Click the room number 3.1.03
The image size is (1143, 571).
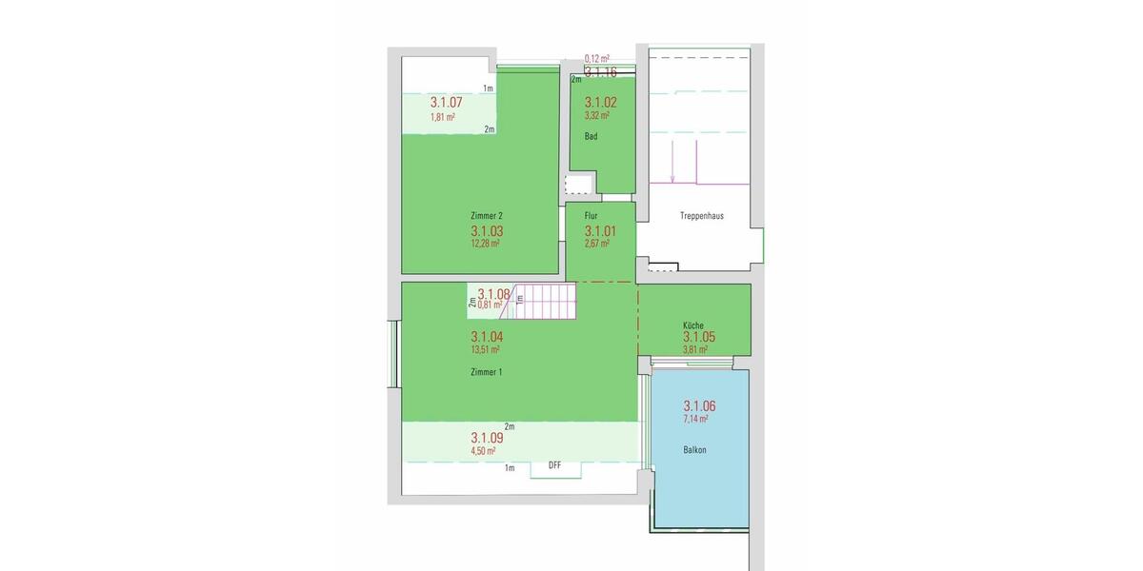tap(487, 231)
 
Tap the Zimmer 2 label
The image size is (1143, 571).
tap(487, 215)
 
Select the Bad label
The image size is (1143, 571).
tap(592, 137)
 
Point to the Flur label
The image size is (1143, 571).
tap(592, 216)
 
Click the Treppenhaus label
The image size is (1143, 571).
tap(702, 216)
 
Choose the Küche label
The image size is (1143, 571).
tap(692, 325)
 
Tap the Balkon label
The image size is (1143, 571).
tap(694, 449)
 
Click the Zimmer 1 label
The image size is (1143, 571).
tap(487, 371)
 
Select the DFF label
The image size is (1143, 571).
tap(555, 465)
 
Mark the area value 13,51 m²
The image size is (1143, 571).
tap(485, 349)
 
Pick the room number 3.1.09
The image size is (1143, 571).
tap(487, 439)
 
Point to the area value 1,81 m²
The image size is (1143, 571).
tap(442, 117)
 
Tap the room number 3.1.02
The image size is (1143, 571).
tap(601, 102)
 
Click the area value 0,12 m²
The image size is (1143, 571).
tap(597, 59)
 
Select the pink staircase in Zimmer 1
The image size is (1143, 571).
tap(546, 303)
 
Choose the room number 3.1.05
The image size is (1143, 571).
tap(698, 337)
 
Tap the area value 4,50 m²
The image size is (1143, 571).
tap(483, 451)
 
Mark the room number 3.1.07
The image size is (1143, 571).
tap(446, 103)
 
